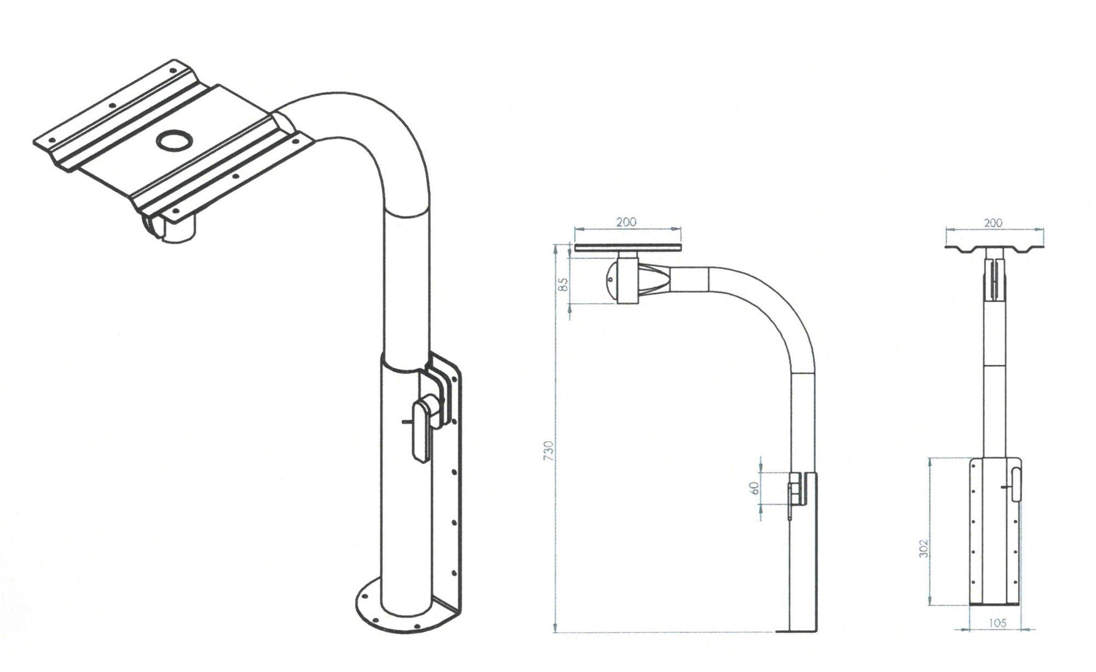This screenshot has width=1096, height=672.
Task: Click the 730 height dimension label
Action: pyautogui.click(x=550, y=450)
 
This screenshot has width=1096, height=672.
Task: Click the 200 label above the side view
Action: pyautogui.click(x=626, y=222)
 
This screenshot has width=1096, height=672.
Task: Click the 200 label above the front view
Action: pyautogui.click(x=993, y=223)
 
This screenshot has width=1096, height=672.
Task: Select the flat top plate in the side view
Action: pyautogui.click(x=628, y=248)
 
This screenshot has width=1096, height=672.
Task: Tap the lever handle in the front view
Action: pyautogui.click(x=1016, y=483)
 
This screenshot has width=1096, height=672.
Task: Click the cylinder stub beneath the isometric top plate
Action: pyautogui.click(x=178, y=230)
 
